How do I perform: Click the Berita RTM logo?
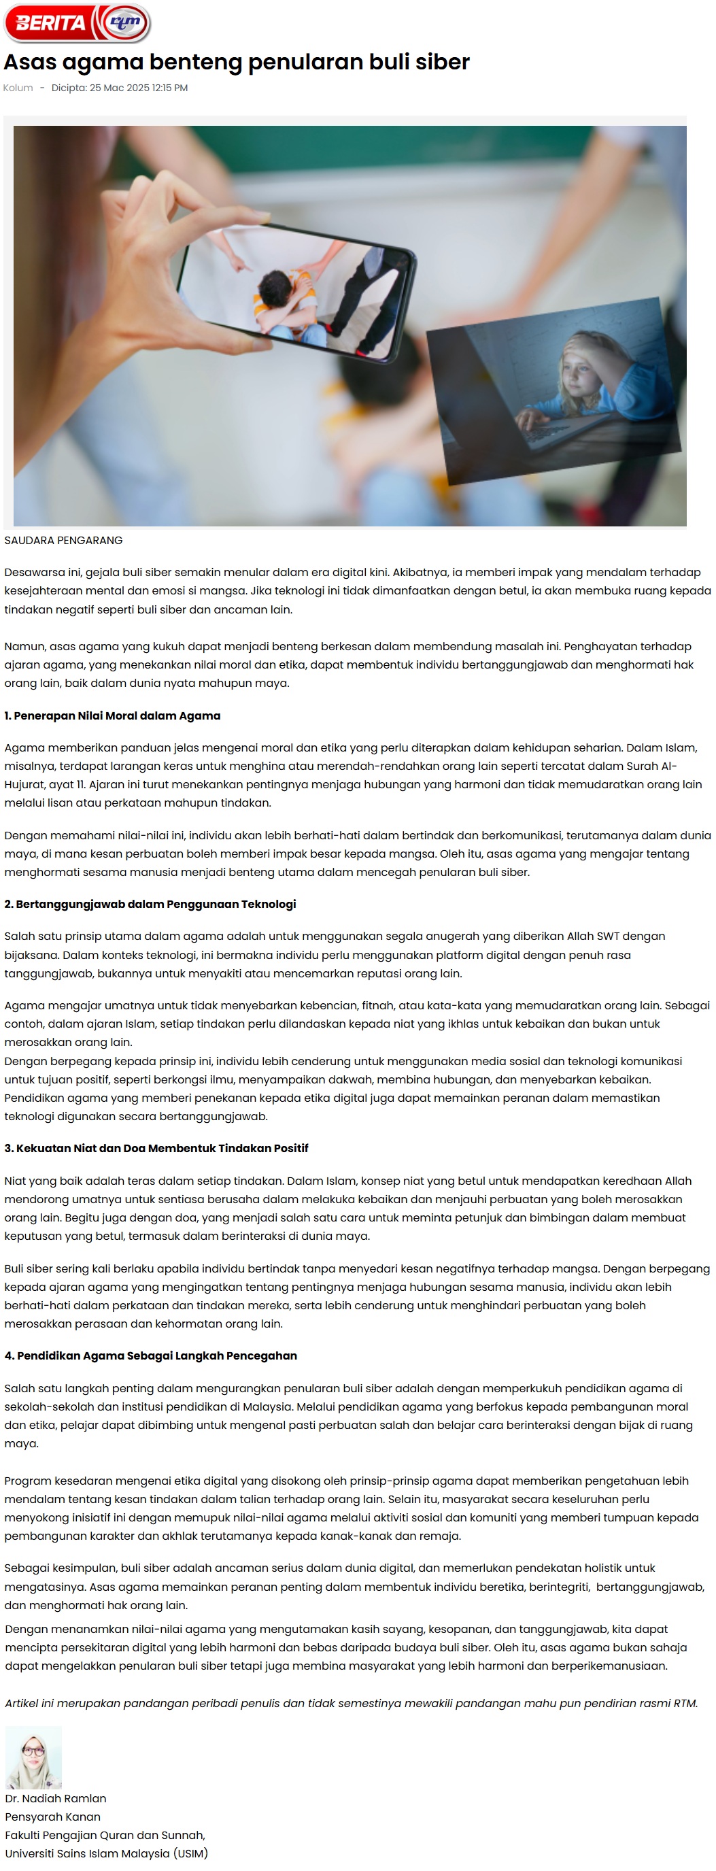pyautogui.click(x=77, y=23)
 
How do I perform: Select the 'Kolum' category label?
pyautogui.click(x=18, y=88)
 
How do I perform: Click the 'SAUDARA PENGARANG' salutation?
pyautogui.click(x=64, y=541)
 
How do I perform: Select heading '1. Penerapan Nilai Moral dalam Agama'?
pyautogui.click(x=113, y=715)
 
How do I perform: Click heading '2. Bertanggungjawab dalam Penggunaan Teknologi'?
pyautogui.click(x=150, y=905)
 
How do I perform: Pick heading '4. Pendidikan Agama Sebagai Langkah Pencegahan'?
pyautogui.click(x=150, y=1356)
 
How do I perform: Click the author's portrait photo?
pyautogui.click(x=33, y=1757)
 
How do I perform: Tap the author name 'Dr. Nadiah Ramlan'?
pyautogui.click(x=56, y=1798)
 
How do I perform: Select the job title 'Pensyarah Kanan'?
pyautogui.click(x=53, y=1817)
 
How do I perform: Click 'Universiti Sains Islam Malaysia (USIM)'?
pyautogui.click(x=107, y=1853)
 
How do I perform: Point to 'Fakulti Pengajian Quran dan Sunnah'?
pyautogui.click(x=105, y=1835)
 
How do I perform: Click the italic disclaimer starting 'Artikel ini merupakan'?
pyautogui.click(x=351, y=1703)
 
